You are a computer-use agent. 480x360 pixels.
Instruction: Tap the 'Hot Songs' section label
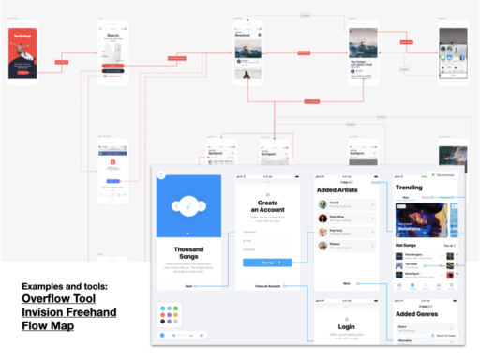click(x=407, y=245)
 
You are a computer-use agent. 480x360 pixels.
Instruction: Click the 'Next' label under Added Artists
click(x=346, y=283)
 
